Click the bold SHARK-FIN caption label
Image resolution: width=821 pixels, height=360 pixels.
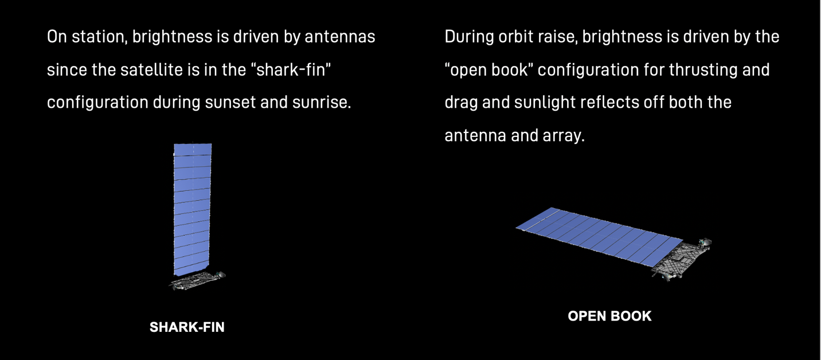point(187,327)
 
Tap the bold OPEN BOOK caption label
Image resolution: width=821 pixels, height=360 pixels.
point(609,316)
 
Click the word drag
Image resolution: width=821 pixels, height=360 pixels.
point(463,103)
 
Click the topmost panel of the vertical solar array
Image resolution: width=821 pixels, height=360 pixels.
point(193,150)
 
